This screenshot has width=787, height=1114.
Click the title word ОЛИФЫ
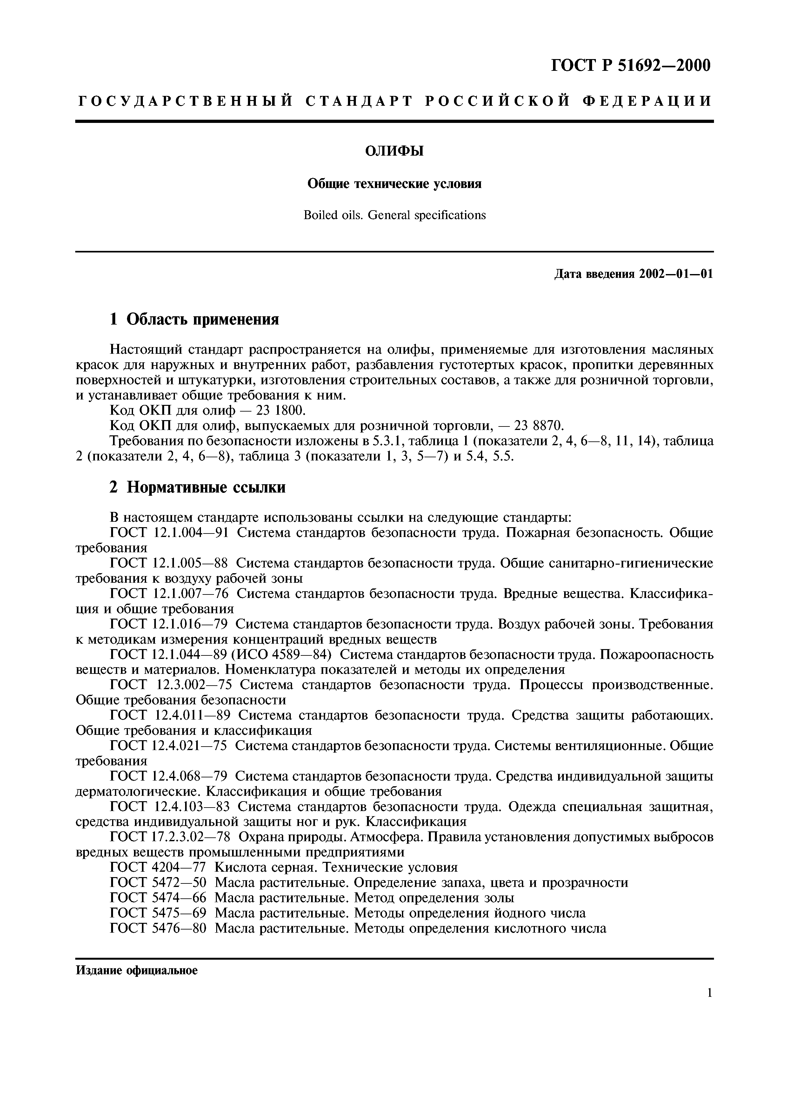(x=394, y=152)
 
